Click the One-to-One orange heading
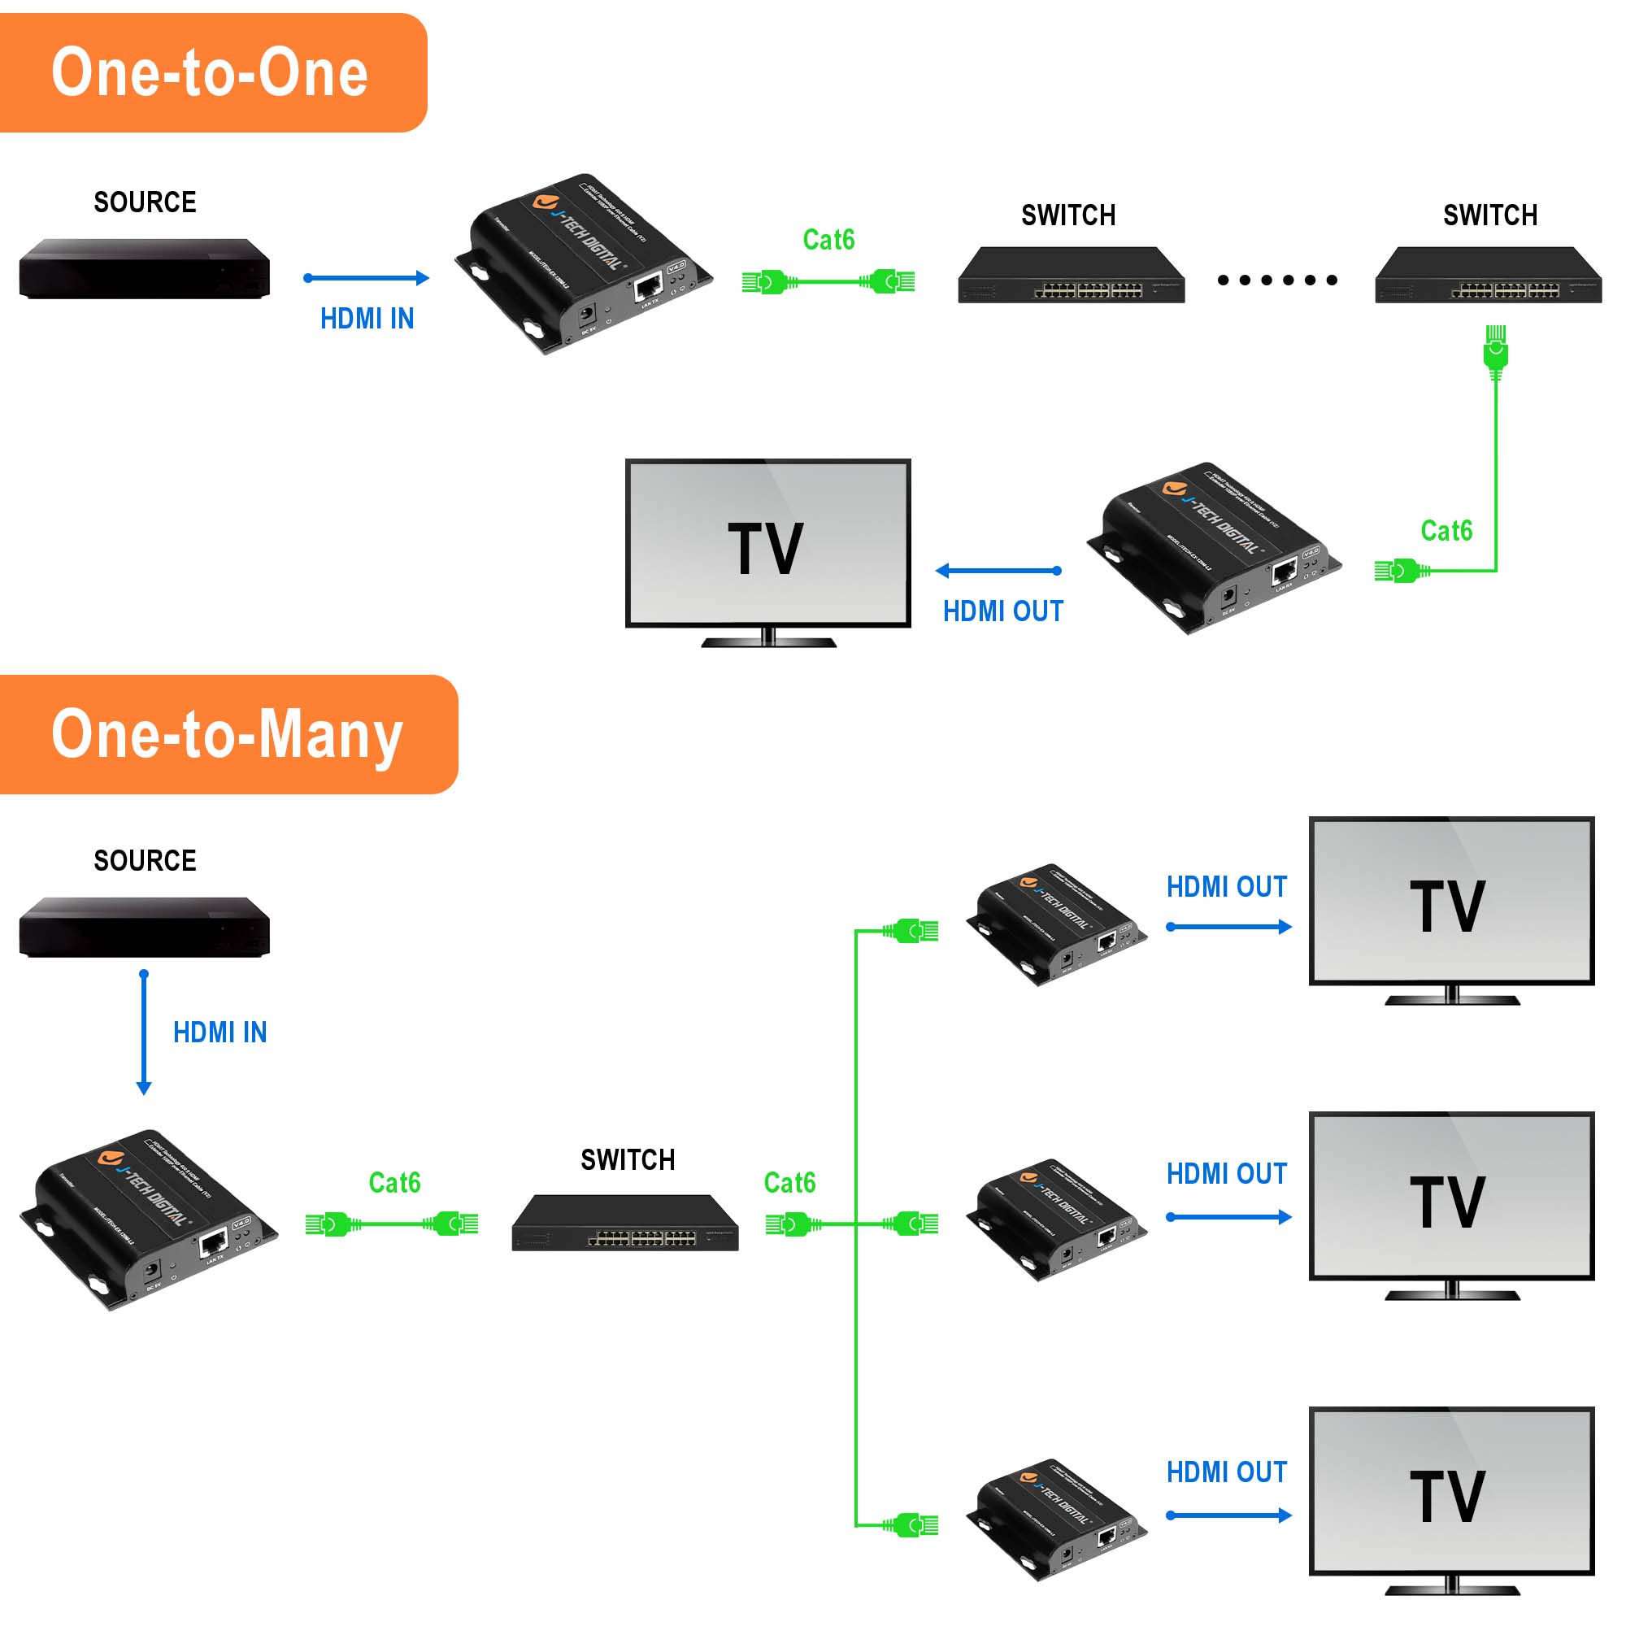click(211, 73)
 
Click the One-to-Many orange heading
click(228, 734)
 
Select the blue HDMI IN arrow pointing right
click(366, 278)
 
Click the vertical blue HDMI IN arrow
click(144, 1032)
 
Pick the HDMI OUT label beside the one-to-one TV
click(1002, 611)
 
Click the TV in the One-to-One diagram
click(767, 547)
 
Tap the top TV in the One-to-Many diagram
click(1451, 905)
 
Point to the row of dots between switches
click(1276, 280)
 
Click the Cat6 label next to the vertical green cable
click(1446, 531)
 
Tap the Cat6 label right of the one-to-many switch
click(789, 1182)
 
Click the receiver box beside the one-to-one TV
click(1215, 547)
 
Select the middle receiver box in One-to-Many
click(1057, 1219)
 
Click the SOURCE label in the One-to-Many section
click(145, 860)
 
